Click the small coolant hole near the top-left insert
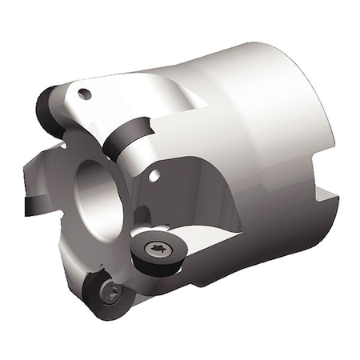84,94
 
